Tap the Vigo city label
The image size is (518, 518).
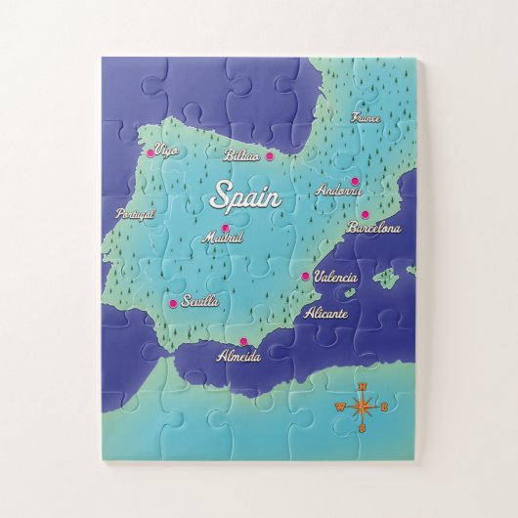pyautogui.click(x=167, y=151)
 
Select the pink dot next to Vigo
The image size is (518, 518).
pyautogui.click(x=151, y=152)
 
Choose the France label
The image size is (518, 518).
pyautogui.click(x=365, y=117)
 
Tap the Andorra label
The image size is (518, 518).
pyautogui.click(x=339, y=192)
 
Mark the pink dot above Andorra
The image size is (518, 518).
pyautogui.click(x=356, y=181)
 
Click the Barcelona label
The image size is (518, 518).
pyautogui.click(x=373, y=228)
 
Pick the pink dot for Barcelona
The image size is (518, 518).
pyautogui.click(x=365, y=215)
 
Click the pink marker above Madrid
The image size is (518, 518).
pyautogui.click(x=226, y=229)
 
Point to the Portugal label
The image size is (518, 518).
pyautogui.click(x=135, y=214)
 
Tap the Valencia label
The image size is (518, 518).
pyautogui.click(x=335, y=278)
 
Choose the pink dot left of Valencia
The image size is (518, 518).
pyautogui.click(x=305, y=277)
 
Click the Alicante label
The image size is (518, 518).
pyautogui.click(x=325, y=314)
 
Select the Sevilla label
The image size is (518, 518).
pyautogui.click(x=199, y=302)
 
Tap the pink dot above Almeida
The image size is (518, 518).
pyautogui.click(x=243, y=341)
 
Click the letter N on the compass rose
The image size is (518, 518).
pyautogui.click(x=363, y=386)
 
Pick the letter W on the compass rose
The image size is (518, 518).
pyautogui.click(x=340, y=407)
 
